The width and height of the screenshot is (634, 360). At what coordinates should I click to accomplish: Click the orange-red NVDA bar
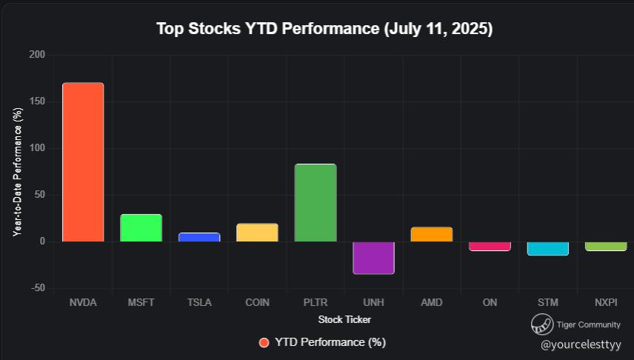[83, 162]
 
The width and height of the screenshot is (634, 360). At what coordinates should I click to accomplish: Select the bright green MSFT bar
[141, 228]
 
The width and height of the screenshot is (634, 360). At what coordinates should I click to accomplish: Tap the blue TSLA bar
[199, 238]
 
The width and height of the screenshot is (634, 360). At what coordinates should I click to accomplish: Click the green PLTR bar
[316, 203]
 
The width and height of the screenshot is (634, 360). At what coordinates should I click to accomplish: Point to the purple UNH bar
[373, 258]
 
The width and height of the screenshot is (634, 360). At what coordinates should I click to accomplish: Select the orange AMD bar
[431, 235]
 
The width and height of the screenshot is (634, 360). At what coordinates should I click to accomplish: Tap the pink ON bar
[490, 246]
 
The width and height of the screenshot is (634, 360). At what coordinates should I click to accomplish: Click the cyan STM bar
[547, 248]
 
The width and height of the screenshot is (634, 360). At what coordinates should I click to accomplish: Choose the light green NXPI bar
[606, 246]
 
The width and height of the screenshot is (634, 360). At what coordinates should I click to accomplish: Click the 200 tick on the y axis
[38, 55]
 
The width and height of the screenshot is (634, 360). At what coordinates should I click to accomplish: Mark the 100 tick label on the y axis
[38, 148]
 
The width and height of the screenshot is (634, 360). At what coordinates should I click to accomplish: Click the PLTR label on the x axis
[316, 303]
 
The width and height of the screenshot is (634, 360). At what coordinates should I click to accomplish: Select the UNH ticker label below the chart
[373, 303]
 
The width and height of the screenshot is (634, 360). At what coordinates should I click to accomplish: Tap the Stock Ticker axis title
[344, 320]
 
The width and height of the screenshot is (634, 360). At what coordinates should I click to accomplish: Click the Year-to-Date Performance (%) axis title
[17, 172]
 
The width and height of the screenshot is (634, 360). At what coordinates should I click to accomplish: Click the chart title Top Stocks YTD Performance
[324, 30]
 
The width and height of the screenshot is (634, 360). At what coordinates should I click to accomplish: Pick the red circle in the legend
[264, 342]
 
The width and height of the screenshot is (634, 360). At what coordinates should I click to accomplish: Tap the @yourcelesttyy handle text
[581, 344]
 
